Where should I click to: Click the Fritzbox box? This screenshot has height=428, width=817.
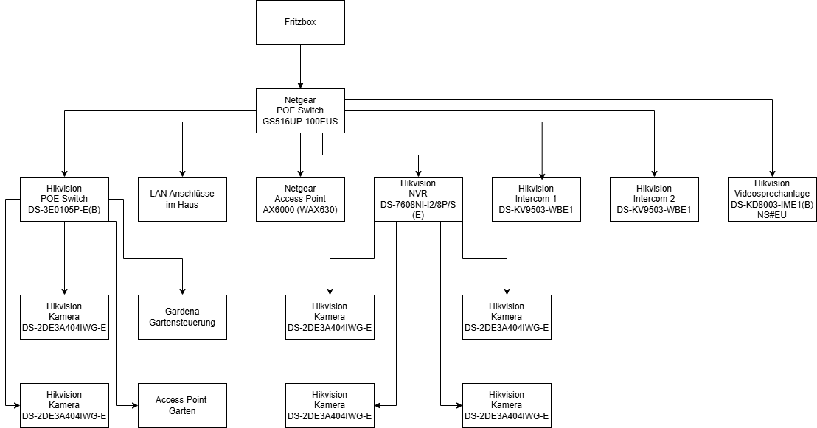[x=300, y=22]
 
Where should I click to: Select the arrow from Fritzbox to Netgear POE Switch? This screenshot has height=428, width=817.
[x=300, y=66]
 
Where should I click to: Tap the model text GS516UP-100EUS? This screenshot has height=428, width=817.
[x=300, y=122]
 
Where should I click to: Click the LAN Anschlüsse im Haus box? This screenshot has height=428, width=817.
[x=182, y=200]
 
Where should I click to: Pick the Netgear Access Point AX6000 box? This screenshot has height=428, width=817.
[x=300, y=200]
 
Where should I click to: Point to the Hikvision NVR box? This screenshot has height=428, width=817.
[x=418, y=200]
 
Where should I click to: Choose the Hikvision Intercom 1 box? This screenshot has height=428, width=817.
[x=536, y=200]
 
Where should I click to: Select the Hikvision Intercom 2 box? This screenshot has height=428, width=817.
[x=654, y=200]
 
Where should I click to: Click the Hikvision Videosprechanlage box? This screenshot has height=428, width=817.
[x=772, y=200]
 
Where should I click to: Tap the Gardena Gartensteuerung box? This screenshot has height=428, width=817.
[x=182, y=317]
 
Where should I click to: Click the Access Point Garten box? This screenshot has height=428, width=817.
[x=182, y=406]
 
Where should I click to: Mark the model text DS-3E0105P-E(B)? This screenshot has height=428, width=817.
[x=64, y=210]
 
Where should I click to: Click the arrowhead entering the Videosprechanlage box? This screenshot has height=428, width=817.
[x=772, y=174]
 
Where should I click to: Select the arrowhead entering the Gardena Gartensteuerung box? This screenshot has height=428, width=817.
[x=182, y=292]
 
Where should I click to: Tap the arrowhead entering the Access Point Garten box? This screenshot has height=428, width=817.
[x=135, y=405]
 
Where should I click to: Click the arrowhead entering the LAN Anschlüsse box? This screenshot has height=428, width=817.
[x=182, y=174]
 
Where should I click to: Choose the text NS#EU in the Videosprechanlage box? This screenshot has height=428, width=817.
[x=772, y=214]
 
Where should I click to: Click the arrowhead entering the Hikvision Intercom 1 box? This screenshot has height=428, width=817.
[x=543, y=175]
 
